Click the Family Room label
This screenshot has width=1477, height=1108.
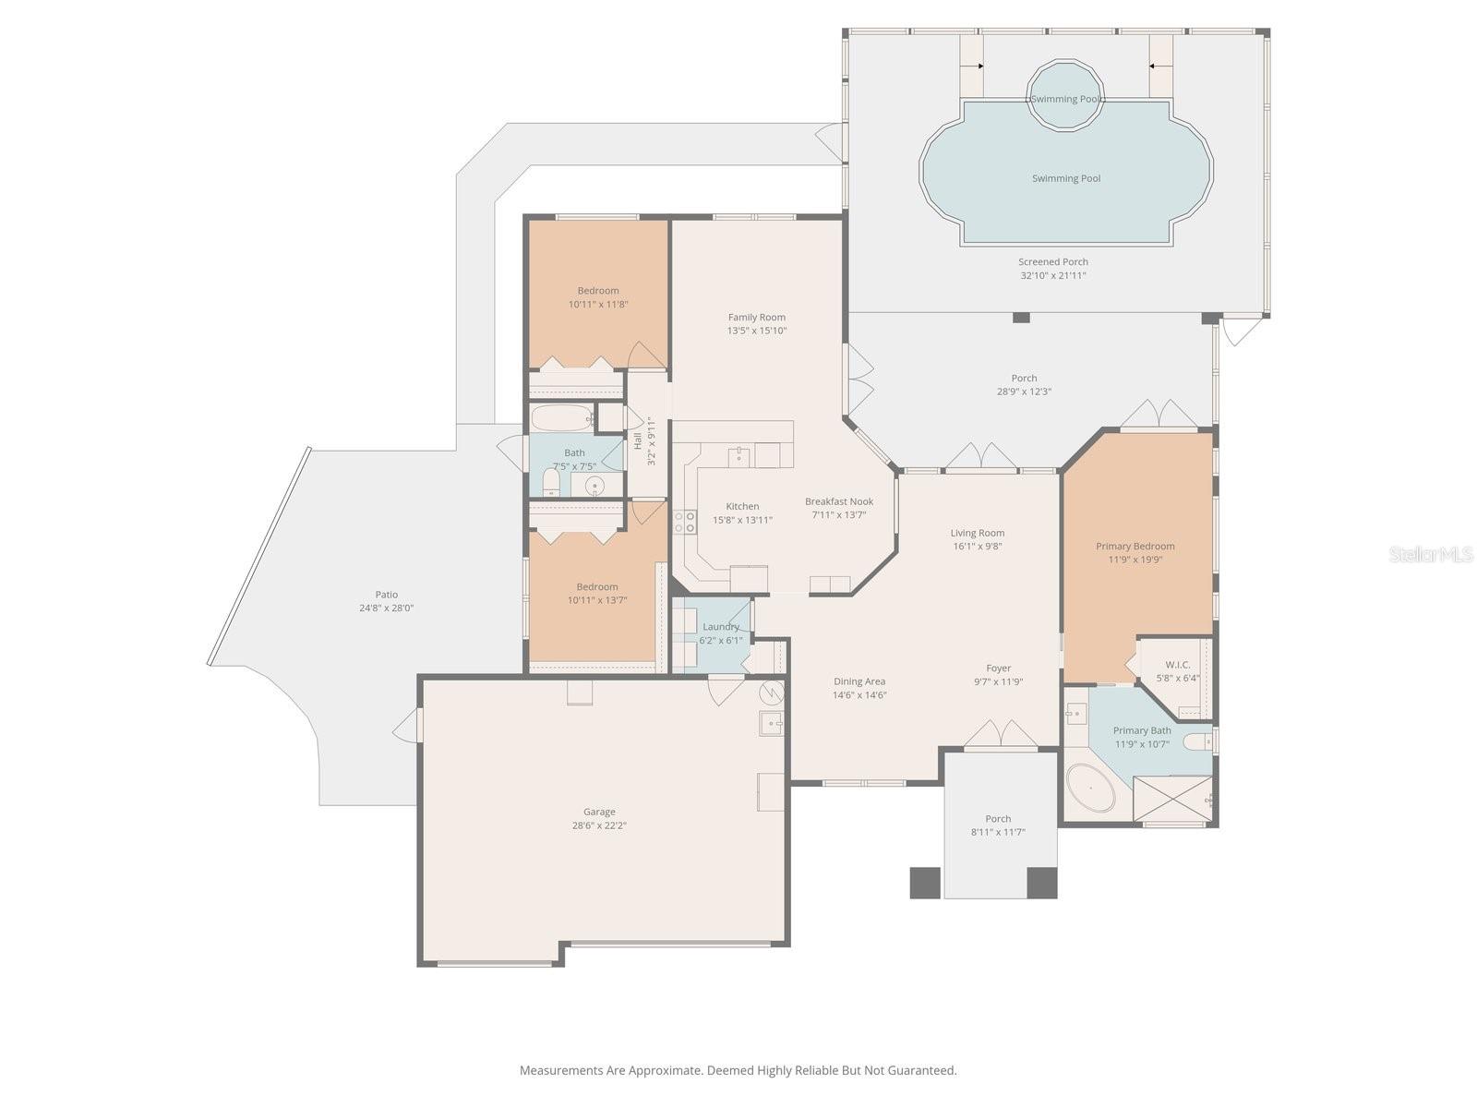[756, 317]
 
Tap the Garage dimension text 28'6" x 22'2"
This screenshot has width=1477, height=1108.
[599, 826]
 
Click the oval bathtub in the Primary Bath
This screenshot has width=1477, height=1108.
[1091, 789]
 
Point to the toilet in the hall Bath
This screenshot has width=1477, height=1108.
[551, 482]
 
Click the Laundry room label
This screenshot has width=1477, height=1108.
[720, 627]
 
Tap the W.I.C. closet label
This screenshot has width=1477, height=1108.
[1177, 665]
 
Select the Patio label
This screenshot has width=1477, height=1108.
[386, 595]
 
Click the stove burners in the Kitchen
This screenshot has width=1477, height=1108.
[685, 522]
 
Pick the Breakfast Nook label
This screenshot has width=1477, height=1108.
[838, 501]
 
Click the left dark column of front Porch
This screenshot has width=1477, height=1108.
[925, 883]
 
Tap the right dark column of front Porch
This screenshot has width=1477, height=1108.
[1042, 883]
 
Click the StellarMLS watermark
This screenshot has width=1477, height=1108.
[1431, 554]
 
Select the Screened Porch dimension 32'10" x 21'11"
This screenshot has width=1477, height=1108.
[1052, 275]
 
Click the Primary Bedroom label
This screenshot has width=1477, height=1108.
[1135, 546]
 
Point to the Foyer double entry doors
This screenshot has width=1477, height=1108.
[1001, 734]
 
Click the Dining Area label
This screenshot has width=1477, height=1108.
[859, 681]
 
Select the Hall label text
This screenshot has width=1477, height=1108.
[638, 440]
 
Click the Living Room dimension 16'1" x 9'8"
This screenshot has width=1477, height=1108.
[977, 546]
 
